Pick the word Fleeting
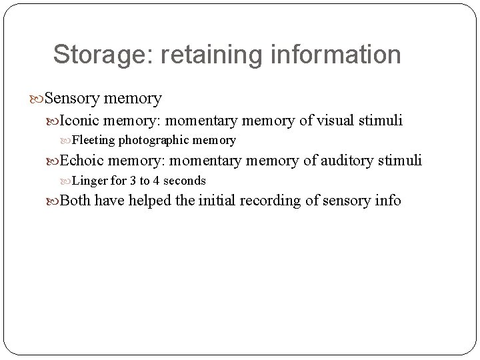[x=93, y=141]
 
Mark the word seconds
[x=183, y=181]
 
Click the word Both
[x=75, y=201]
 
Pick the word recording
[x=273, y=201]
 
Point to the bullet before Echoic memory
[x=54, y=161]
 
